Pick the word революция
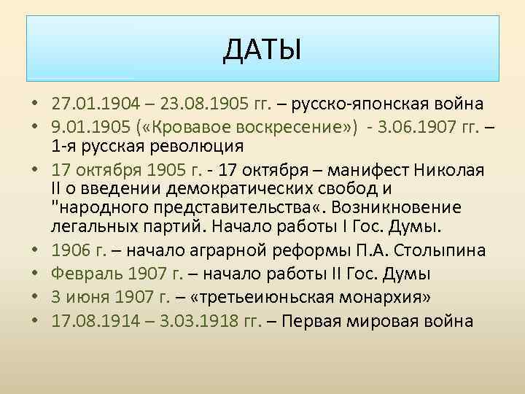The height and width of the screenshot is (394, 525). click(x=194, y=144)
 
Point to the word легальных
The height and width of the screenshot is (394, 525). click(x=96, y=225)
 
